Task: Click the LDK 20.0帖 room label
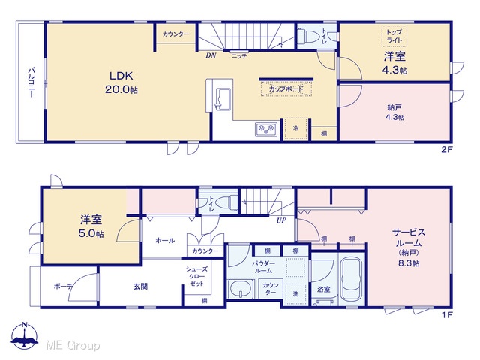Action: coord(121,82)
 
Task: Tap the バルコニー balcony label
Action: coord(31,82)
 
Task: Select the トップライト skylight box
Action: coord(394,36)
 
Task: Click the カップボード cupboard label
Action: coord(286,88)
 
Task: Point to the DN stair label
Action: coord(211,55)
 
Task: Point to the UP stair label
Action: coord(281,220)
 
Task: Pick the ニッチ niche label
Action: coord(238,56)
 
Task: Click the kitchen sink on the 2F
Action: coord(223,98)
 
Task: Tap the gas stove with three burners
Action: coord(266,129)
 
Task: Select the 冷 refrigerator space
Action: coord(295,128)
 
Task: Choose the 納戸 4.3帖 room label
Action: coord(394,112)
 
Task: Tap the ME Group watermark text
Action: coord(73,345)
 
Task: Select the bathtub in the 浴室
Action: coord(352,279)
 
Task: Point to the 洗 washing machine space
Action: coord(295,293)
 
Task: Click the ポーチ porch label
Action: coord(63,286)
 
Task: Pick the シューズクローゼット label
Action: coord(196,276)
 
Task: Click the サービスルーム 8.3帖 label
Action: coord(409,247)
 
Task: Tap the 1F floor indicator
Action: coord(447,315)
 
